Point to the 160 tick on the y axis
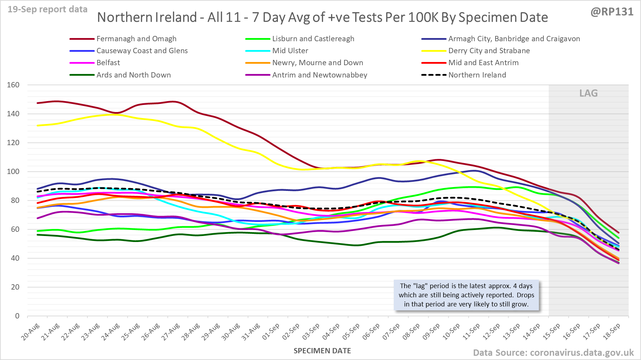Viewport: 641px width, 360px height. point(13,85)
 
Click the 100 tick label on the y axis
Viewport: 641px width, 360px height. point(13,172)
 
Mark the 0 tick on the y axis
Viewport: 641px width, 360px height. point(17,316)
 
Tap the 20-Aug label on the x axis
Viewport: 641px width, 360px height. point(31,332)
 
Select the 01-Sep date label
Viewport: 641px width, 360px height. point(271,332)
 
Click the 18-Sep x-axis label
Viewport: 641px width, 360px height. point(612,332)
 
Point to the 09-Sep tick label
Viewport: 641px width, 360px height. point(431,332)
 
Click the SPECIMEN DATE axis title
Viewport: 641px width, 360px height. point(322,351)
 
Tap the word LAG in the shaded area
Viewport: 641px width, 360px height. point(589,93)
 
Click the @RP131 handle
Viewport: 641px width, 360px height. point(612,12)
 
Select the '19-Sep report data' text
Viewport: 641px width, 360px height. point(48,10)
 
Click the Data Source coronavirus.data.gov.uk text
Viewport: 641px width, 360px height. point(553,353)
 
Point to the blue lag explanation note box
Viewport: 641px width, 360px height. point(466,295)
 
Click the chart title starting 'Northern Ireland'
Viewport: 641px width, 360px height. point(322,17)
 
